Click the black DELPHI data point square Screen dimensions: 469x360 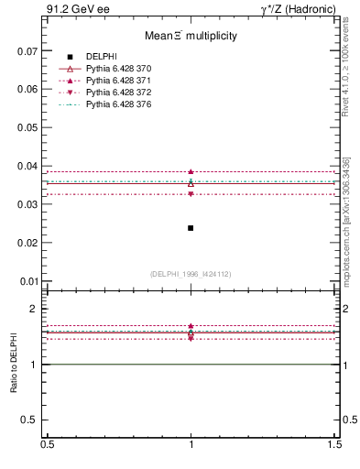[x=191, y=227]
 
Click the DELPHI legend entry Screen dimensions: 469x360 [x=103, y=57]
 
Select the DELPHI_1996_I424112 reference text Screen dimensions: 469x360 [x=191, y=274]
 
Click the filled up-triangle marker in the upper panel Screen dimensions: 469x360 [x=191, y=171]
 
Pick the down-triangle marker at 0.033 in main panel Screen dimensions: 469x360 [x=191, y=194]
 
